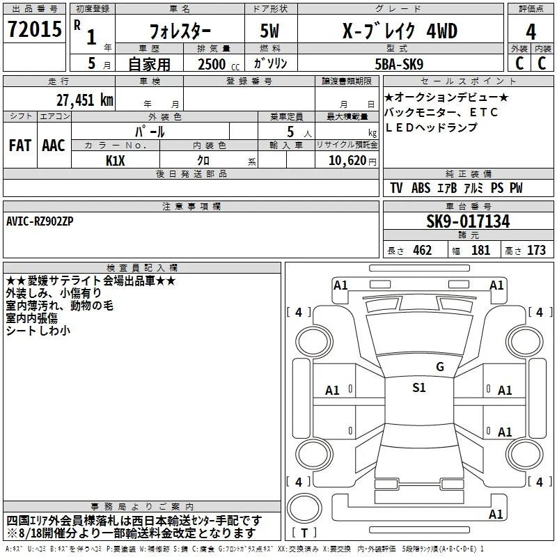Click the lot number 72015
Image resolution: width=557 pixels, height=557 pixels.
tap(34, 29)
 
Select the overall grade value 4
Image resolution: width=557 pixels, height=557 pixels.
tap(531, 32)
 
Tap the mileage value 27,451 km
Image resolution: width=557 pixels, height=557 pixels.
tap(84, 100)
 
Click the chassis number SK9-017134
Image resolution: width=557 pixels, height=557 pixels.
tap(468, 221)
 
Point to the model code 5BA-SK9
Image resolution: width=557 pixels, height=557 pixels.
tap(399, 64)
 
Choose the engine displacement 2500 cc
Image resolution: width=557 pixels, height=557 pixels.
tap(219, 64)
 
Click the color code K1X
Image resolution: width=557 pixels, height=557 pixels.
tap(115, 161)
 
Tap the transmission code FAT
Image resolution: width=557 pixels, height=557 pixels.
tap(20, 146)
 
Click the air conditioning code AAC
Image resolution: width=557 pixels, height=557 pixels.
tap(54, 146)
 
